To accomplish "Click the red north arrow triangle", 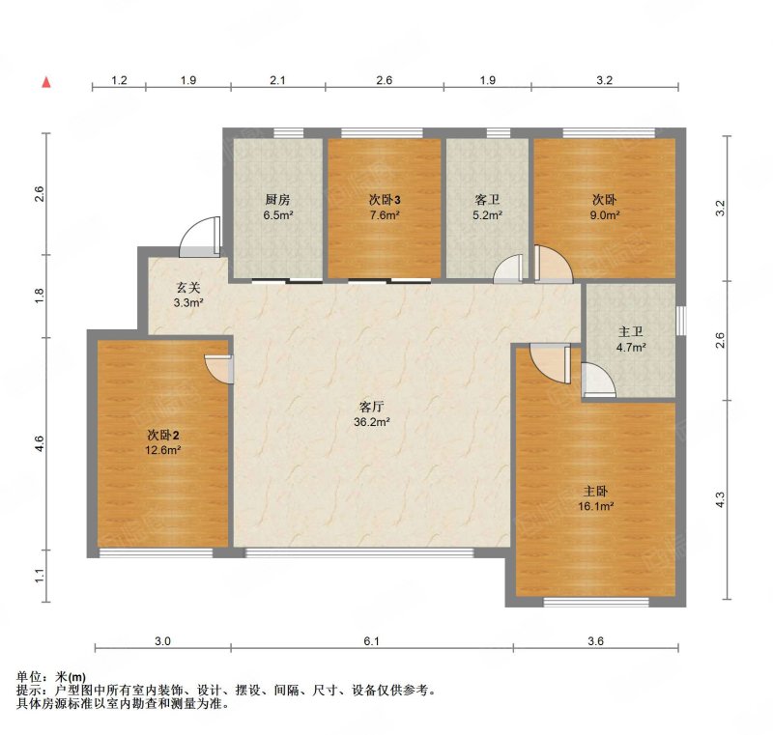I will click(x=45, y=83).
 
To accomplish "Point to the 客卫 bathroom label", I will click(x=486, y=200).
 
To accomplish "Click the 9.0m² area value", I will click(x=605, y=215).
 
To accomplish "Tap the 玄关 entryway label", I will click(x=187, y=287).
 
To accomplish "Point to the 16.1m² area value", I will click(x=596, y=504).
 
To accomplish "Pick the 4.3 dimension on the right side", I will click(x=719, y=499).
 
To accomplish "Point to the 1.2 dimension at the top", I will click(x=119, y=80).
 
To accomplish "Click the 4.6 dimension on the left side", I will click(x=39, y=444).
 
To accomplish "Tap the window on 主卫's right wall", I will click(x=680, y=321).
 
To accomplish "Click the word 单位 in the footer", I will click(x=30, y=677).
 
